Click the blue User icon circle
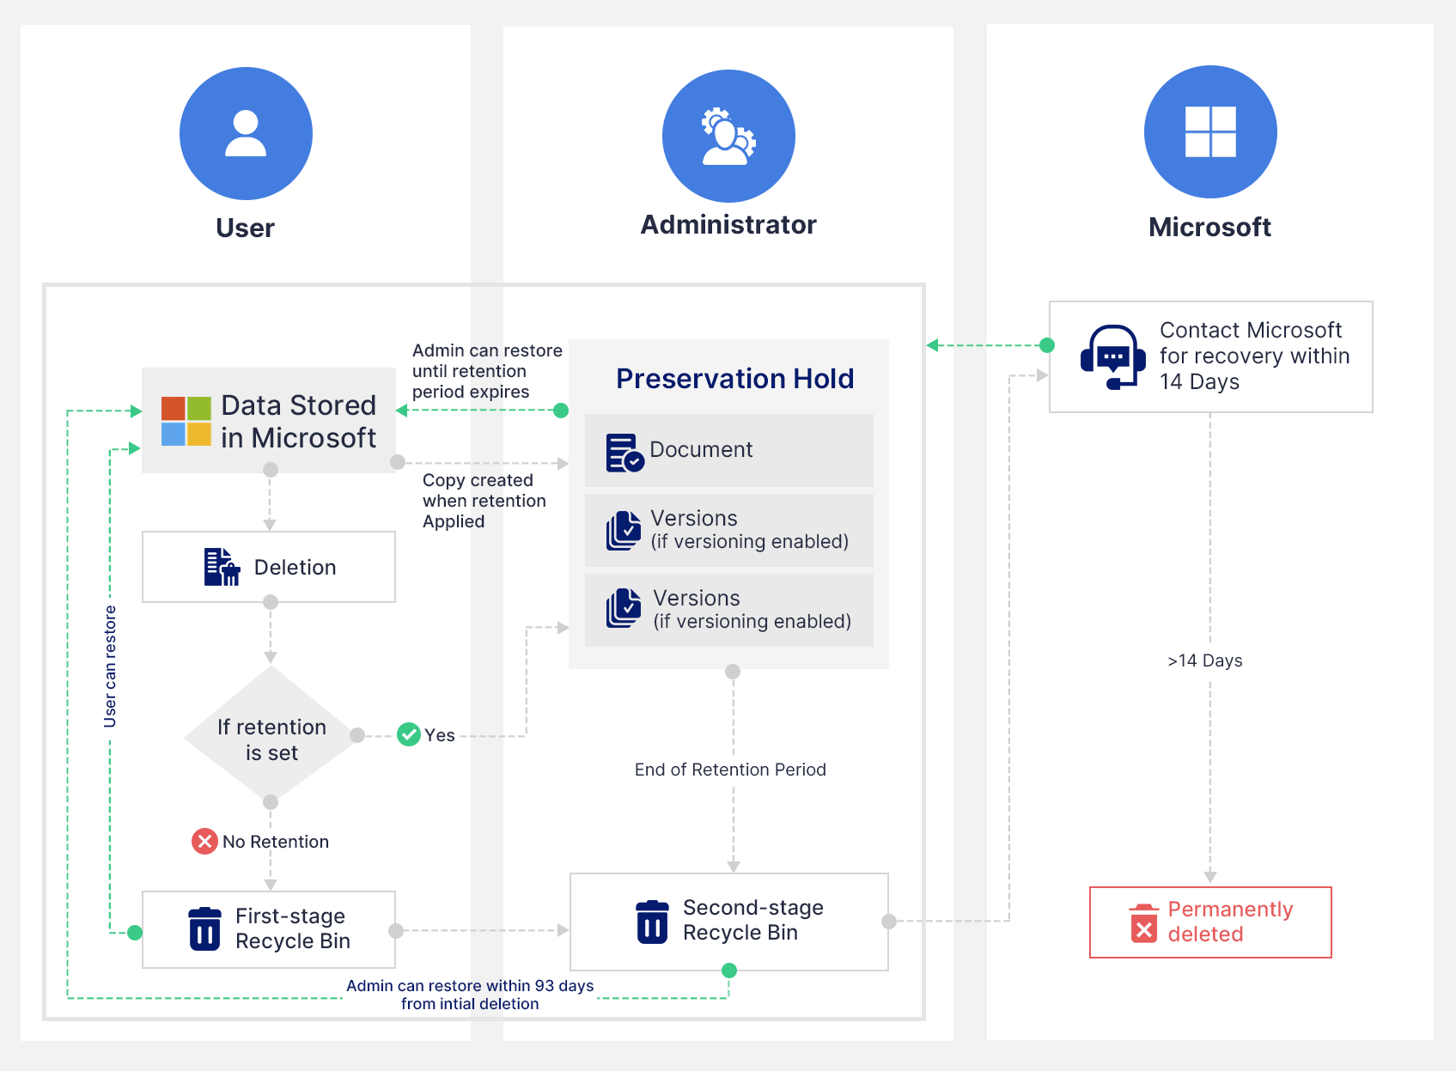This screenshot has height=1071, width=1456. click(246, 133)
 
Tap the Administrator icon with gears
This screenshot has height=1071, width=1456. click(728, 136)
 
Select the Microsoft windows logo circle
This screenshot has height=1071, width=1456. click(1210, 131)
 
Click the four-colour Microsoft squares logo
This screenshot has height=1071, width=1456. click(186, 421)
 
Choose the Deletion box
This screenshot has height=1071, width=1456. click(269, 567)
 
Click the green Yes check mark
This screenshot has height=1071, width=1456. click(409, 734)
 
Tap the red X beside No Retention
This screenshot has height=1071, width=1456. click(204, 841)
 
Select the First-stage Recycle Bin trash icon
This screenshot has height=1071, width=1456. click(204, 929)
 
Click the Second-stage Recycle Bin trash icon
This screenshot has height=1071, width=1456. click(652, 922)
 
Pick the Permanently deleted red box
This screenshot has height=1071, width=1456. click(1210, 922)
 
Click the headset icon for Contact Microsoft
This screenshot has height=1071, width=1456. click(1113, 356)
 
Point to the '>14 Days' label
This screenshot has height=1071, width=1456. click(1205, 660)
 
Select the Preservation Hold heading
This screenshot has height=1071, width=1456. click(734, 378)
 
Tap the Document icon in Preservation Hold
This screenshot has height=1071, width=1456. click(624, 452)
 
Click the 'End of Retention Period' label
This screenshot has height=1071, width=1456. click(730, 770)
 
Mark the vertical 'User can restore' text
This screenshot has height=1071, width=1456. click(110, 666)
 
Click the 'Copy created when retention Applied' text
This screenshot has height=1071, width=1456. click(484, 501)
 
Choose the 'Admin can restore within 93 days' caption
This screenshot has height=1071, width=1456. click(470, 995)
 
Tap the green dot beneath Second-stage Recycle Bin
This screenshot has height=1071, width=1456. click(729, 971)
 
